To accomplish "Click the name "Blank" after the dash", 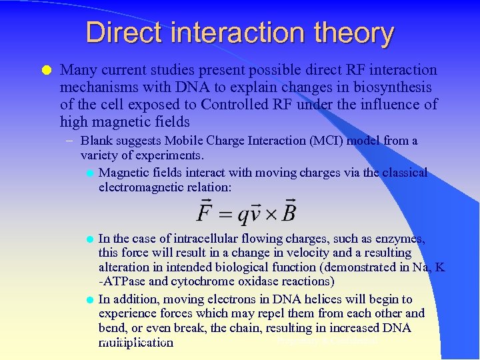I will click(97, 141).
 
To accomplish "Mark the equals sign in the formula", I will click(225, 213).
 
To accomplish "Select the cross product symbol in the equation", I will click(271, 213).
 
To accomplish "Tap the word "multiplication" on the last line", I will click(136, 343).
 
